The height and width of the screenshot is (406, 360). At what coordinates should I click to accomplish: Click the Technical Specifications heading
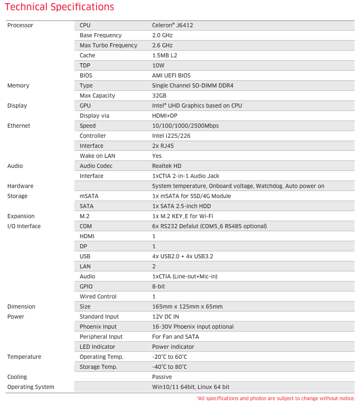coord(59,7)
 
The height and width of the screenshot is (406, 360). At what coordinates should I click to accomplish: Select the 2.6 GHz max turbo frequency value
coord(162,45)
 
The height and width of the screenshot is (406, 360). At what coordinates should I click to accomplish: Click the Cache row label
coord(87,55)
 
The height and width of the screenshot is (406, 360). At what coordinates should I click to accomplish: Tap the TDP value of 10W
coord(158,65)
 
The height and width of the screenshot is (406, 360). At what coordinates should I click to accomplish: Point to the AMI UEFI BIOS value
coord(171,75)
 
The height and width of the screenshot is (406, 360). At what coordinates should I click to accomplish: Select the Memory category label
coord(18,85)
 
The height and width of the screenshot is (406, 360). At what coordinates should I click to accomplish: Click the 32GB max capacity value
coord(159,95)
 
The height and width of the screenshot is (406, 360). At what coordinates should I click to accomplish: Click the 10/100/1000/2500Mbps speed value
coord(186,126)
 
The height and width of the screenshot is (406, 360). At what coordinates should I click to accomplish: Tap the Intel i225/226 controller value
coord(171,136)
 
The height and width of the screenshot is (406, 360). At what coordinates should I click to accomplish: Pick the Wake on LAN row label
coord(98,156)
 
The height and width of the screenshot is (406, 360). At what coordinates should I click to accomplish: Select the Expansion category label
coord(21,216)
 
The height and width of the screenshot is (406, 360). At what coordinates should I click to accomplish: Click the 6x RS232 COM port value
coord(209,226)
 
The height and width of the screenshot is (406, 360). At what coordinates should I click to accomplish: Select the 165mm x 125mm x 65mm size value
coord(187,307)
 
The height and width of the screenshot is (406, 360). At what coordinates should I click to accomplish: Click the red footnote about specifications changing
coord(276,398)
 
